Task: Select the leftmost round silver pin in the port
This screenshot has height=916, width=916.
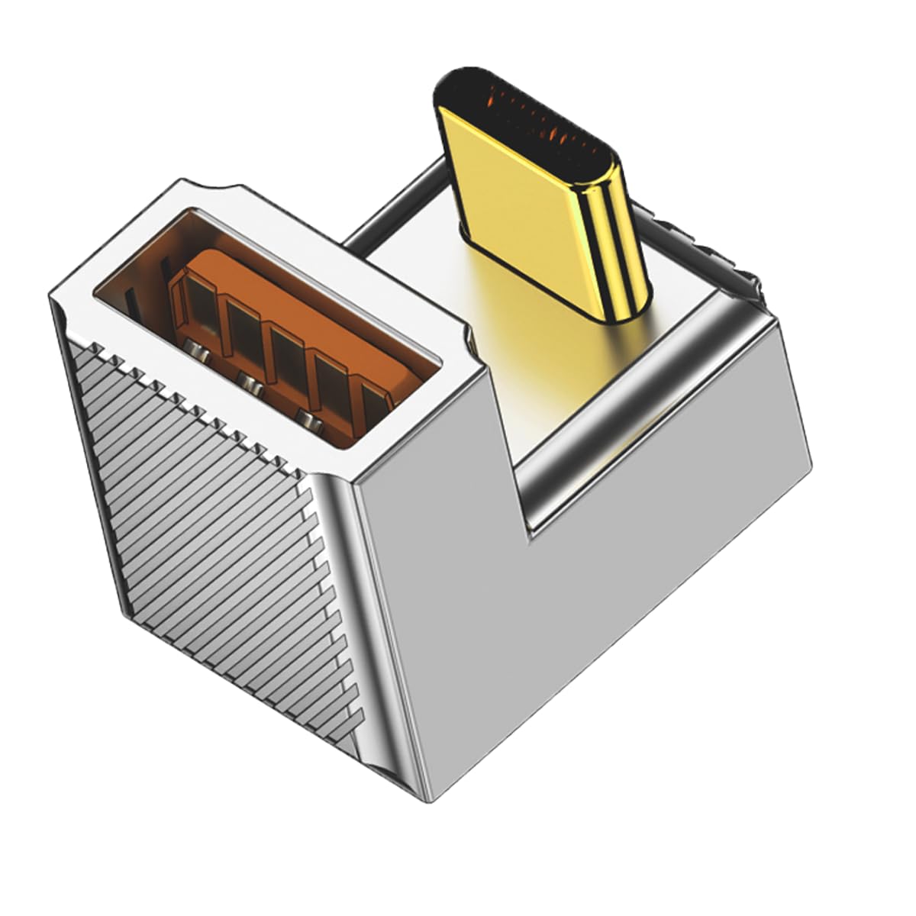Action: click(x=199, y=352)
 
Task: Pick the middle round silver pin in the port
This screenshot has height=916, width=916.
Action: click(x=247, y=379)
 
